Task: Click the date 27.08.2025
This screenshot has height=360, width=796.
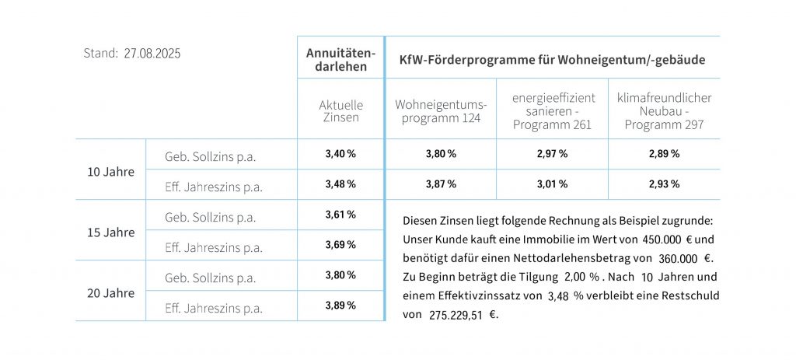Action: (x=152, y=54)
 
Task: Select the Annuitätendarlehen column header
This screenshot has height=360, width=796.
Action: (x=340, y=59)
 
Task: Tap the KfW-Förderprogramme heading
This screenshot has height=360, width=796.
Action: (x=551, y=59)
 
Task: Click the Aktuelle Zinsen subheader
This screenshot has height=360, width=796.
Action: (x=340, y=111)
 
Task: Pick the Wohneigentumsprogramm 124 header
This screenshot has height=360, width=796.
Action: (x=440, y=111)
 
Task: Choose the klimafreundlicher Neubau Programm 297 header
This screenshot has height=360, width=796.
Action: (x=664, y=111)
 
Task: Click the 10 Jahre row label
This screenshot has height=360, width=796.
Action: (x=110, y=171)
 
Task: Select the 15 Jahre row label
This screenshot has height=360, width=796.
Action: (x=110, y=232)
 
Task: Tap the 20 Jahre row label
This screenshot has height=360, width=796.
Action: (x=110, y=292)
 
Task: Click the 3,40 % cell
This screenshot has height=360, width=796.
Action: (x=340, y=154)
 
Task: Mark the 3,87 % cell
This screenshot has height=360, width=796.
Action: (x=441, y=184)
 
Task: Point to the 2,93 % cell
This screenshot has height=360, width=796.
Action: (x=664, y=184)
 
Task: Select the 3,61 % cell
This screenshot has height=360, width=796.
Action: (x=340, y=215)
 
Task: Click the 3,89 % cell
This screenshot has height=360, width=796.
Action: (x=340, y=306)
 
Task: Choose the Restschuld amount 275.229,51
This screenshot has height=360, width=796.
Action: (x=457, y=316)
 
